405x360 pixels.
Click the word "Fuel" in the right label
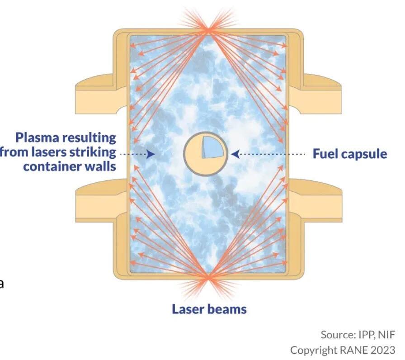click(326, 154)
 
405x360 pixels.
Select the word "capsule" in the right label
click(365, 154)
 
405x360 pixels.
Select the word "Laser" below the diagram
click(189, 309)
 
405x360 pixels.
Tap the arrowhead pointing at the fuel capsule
click(235, 154)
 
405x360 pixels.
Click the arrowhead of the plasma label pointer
click(151, 154)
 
